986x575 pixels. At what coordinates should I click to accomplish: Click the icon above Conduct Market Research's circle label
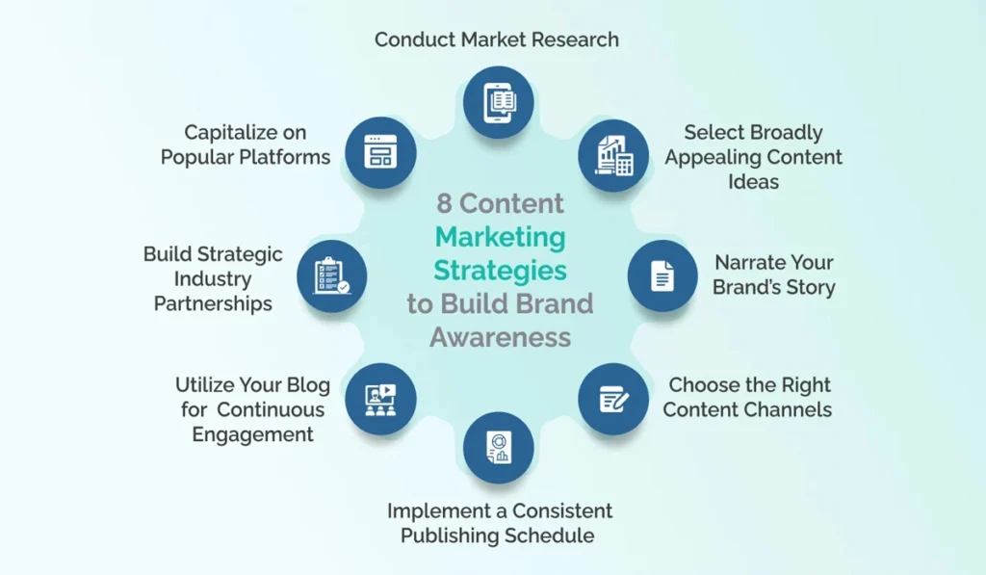pos(498,100)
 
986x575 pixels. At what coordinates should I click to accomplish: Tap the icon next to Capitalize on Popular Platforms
pos(381,153)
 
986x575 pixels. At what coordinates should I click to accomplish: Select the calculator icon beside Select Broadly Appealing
pos(613,155)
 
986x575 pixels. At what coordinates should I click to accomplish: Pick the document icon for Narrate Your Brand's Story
pos(662,275)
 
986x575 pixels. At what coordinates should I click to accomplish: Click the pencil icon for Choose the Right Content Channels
pos(613,399)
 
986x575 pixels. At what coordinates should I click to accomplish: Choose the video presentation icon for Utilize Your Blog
pos(381,399)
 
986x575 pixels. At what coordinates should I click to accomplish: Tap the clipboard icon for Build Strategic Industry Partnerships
pos(332,275)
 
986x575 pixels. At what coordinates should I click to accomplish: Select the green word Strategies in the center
pos(501,271)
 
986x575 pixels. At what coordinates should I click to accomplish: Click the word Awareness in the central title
pos(501,338)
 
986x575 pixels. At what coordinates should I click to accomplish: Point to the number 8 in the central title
pos(444,204)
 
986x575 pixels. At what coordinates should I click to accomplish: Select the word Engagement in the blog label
pos(252,434)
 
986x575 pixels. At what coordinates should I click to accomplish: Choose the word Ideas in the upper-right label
pos(753,182)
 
